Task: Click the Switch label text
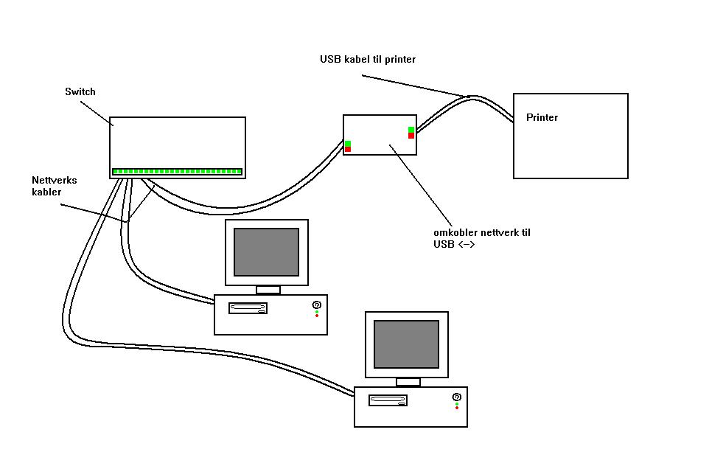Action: pyautogui.click(x=80, y=92)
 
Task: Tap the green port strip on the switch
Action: pyautogui.click(x=177, y=172)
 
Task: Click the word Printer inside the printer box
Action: pyautogui.click(x=542, y=118)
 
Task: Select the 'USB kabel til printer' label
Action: pyautogui.click(x=367, y=59)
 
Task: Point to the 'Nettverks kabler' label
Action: pyautogui.click(x=54, y=186)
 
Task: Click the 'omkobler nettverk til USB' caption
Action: pyautogui.click(x=481, y=238)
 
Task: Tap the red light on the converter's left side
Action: pyautogui.click(x=348, y=150)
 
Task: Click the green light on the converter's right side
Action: pyautogui.click(x=411, y=130)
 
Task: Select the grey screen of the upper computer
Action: pyautogui.click(x=266, y=251)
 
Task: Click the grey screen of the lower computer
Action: pyautogui.click(x=406, y=344)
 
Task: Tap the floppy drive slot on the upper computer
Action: pyautogui.click(x=248, y=308)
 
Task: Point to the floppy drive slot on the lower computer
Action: pyautogui.click(x=388, y=400)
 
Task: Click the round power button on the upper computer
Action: pyautogui.click(x=317, y=305)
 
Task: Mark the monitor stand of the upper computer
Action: pyautogui.click(x=268, y=290)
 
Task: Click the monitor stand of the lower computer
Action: pyautogui.click(x=408, y=382)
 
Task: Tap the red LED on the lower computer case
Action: pyautogui.click(x=457, y=408)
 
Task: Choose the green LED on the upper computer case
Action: pyautogui.click(x=317, y=311)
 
